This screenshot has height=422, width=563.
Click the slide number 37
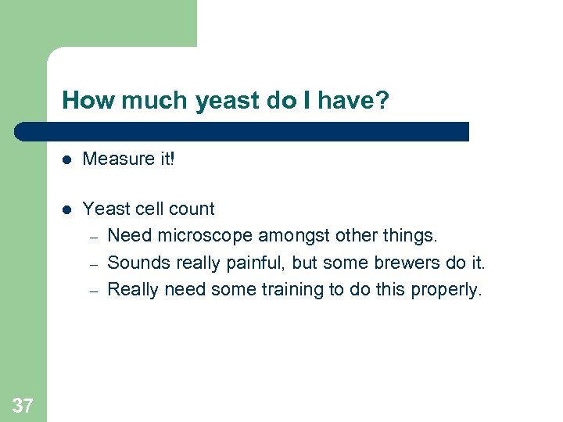(x=23, y=405)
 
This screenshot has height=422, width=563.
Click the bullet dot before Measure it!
(x=67, y=159)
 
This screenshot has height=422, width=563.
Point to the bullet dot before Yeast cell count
(x=67, y=209)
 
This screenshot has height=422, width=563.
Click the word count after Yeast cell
(x=192, y=209)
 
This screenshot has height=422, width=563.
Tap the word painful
(x=253, y=263)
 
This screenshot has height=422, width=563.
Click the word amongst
(x=289, y=235)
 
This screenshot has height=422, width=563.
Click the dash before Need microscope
(x=91, y=236)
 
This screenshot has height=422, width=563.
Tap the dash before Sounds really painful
(x=91, y=263)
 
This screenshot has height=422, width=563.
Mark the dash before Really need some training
(x=91, y=291)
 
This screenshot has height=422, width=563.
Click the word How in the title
(x=81, y=100)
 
